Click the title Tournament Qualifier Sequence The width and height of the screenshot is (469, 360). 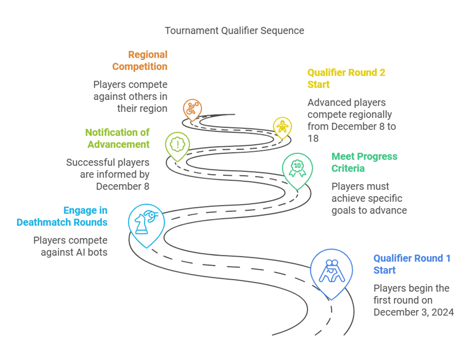(235, 30)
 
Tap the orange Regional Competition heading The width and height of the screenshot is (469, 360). (139, 61)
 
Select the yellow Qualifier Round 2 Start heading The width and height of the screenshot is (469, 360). (346, 78)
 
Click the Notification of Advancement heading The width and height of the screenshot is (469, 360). (117, 138)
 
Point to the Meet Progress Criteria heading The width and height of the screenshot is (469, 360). (364, 162)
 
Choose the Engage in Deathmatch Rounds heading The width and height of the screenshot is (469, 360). (62, 216)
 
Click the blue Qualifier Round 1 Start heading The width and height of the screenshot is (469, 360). (412, 264)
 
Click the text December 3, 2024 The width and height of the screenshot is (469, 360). (413, 312)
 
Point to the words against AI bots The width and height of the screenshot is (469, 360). (74, 252)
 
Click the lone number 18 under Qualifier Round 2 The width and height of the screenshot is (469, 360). (313, 138)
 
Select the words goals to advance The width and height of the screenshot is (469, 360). (369, 211)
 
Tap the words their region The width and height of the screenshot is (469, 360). (142, 109)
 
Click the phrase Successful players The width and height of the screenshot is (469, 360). (107, 162)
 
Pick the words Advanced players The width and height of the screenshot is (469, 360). (346, 102)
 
